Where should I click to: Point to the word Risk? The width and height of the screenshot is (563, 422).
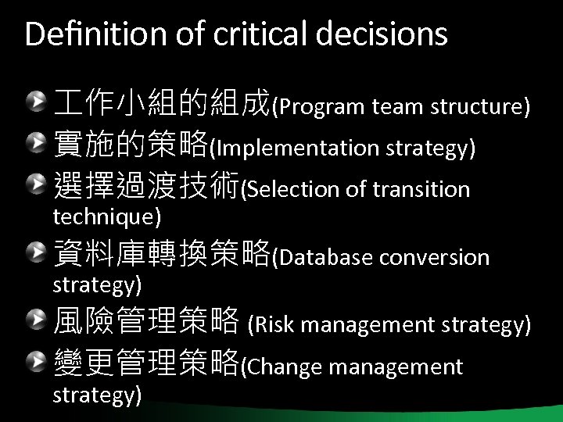click(271, 323)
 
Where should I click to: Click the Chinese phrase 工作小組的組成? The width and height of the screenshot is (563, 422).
click(161, 102)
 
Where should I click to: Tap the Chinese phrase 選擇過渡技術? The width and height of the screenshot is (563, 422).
click(145, 186)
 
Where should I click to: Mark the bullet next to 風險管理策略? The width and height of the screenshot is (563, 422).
click(37, 317)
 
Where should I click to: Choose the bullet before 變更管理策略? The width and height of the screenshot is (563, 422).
click(37, 360)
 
